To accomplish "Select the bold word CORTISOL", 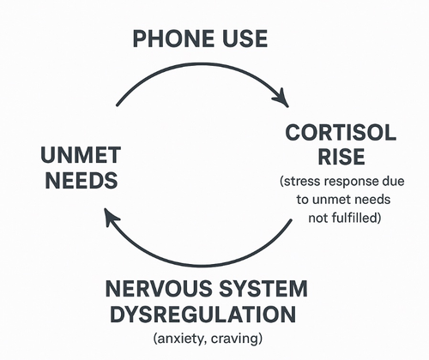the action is coord(341,133).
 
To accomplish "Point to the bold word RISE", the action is coord(341,157).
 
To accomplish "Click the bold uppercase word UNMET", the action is coord(81,155).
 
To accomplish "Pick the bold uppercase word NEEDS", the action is coord(82,180).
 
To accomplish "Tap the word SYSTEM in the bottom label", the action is coord(263,289).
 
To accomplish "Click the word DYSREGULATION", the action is coord(202,315).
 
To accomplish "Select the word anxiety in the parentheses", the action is coord(181,339).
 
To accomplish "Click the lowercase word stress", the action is coord(300,182).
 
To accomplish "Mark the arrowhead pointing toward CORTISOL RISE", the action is coord(281,98).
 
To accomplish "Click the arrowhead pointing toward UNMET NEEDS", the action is coord(112,217).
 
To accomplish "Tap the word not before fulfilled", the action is coord(318,219).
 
